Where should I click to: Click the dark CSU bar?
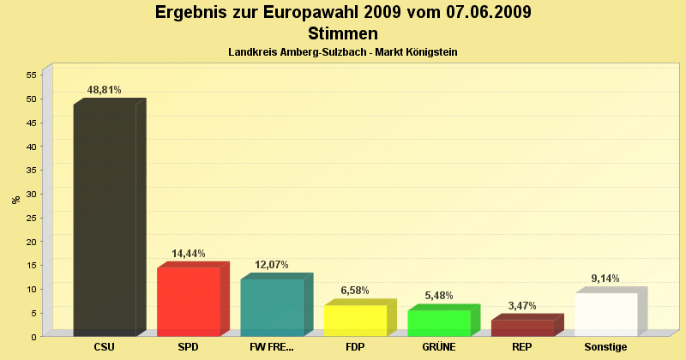point(105,219)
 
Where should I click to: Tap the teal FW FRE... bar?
point(272,307)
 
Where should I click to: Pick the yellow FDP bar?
point(355,320)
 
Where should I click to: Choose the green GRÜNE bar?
point(439,322)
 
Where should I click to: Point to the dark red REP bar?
point(522,327)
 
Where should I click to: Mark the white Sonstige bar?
point(605,314)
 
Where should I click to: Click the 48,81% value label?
point(105,89)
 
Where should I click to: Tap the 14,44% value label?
point(188,254)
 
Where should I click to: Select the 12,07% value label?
point(272,265)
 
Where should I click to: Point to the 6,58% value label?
point(355,291)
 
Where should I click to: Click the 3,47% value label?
point(522,306)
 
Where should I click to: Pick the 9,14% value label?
point(605,279)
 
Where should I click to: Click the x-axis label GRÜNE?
point(439,347)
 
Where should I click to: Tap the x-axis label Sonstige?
point(605,347)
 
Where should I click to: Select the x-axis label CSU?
point(105,347)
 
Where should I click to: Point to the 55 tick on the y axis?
point(30,75)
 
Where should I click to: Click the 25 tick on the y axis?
point(30,218)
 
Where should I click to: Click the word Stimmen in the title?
point(342,34)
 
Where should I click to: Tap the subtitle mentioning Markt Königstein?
point(342,52)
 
